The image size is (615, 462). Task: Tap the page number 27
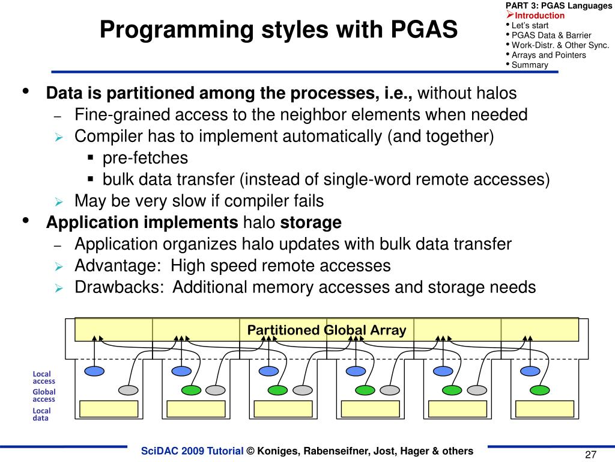coord(590,454)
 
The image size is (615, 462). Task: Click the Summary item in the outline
coord(530,65)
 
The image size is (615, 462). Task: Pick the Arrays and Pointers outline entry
coord(548,55)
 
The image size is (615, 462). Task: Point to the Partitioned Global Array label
coord(327,330)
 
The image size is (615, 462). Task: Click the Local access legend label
coord(44,377)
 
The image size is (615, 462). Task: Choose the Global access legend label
coord(44,395)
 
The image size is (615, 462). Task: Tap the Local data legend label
coord(41,414)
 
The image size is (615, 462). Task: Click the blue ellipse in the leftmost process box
coord(94,371)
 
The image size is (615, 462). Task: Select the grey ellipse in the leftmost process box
coord(128,390)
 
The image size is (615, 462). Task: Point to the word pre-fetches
coord(145,158)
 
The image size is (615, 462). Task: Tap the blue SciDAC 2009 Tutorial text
coord(192,451)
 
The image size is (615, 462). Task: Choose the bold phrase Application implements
coord(142,223)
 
